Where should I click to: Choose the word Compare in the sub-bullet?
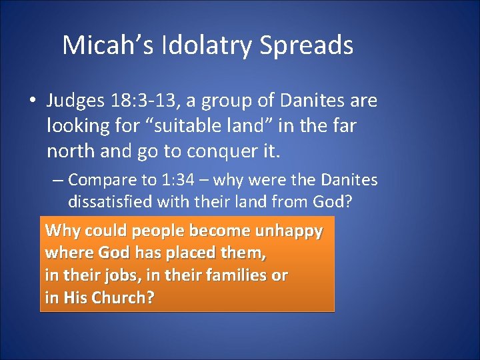[99, 180]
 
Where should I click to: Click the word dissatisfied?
[110, 201]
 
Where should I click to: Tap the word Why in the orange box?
[60, 231]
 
